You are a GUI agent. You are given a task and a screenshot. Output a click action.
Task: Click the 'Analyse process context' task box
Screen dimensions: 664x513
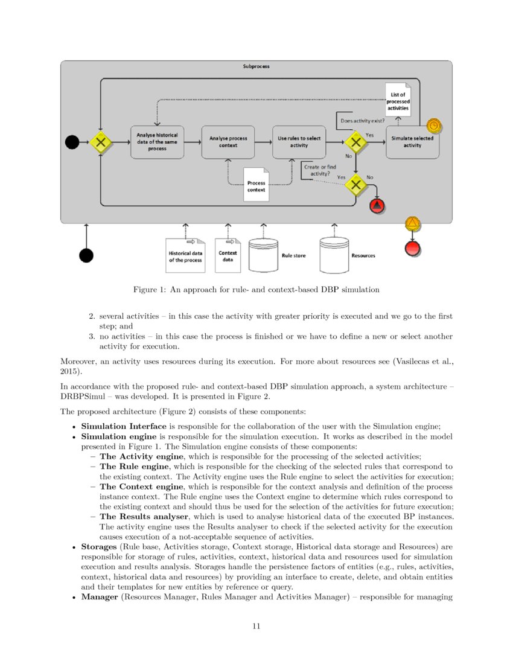click(x=228, y=142)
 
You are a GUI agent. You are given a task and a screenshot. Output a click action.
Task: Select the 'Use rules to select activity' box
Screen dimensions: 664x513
click(x=299, y=142)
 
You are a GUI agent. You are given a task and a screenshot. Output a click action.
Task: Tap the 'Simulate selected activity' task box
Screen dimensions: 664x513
click(x=412, y=142)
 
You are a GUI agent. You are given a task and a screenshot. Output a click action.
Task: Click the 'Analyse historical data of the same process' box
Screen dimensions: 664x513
click(x=157, y=142)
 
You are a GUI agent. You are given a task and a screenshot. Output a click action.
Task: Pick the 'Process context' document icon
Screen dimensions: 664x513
click(x=256, y=185)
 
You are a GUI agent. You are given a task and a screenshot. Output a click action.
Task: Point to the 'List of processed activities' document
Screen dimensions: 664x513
click(x=398, y=100)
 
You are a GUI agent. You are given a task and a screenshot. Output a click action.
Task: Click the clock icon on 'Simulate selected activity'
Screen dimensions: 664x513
click(x=433, y=126)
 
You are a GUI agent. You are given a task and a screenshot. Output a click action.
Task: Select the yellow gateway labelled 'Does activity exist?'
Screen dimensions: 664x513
click(x=356, y=142)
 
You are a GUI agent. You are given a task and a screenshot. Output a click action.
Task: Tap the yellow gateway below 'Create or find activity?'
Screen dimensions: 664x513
click(x=356, y=185)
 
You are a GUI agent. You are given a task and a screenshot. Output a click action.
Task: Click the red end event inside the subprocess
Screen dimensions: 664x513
click(x=377, y=206)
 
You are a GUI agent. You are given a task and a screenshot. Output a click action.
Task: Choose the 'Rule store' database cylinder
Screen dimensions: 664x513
click(x=263, y=255)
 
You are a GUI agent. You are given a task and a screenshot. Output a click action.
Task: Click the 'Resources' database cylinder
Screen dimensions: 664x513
click(x=334, y=254)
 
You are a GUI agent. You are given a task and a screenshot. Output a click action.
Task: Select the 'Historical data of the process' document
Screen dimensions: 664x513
click(x=185, y=255)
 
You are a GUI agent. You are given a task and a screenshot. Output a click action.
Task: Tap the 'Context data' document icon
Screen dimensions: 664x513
click(x=228, y=255)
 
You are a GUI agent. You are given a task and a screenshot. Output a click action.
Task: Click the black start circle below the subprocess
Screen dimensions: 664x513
click(x=86, y=255)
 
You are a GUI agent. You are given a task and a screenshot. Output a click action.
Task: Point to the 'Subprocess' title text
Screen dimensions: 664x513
click(x=256, y=66)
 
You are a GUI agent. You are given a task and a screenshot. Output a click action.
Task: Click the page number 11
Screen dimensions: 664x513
click(x=256, y=626)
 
